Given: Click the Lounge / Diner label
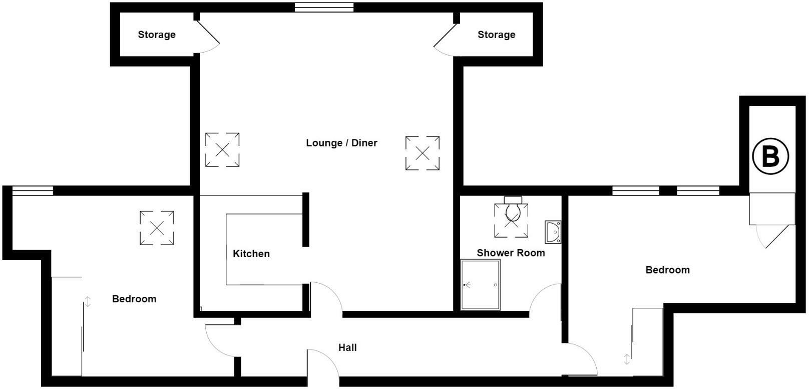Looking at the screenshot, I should (341, 143).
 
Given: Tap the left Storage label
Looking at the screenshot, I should (157, 35).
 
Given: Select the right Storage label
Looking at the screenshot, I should (496, 35).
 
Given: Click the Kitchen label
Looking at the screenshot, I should (251, 254).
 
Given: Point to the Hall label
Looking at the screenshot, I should (347, 347).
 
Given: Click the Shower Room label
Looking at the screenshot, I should (511, 253).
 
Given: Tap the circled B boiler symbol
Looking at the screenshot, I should (770, 156).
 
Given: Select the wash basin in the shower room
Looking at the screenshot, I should (553, 232).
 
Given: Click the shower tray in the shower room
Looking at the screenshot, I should (481, 285).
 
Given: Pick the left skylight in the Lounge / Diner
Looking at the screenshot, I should (222, 150).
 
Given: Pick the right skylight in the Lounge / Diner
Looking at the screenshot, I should (423, 153).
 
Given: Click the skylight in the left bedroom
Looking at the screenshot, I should (157, 228).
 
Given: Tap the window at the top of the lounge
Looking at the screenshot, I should (324, 8).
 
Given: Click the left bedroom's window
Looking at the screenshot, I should (33, 190).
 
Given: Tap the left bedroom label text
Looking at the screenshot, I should (134, 299).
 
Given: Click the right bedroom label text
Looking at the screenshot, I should (667, 270).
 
